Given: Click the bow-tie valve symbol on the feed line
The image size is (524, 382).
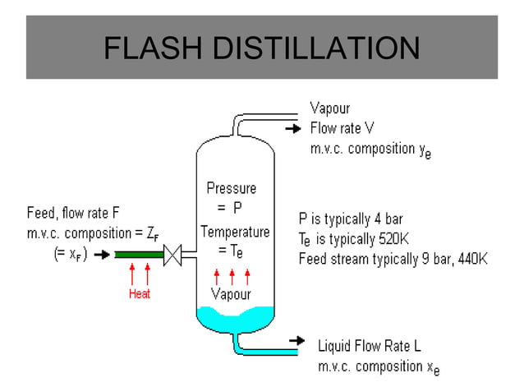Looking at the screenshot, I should [x=173, y=255].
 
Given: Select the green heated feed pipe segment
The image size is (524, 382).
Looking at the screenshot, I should [x=139, y=255].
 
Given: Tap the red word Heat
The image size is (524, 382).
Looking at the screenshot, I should [x=139, y=293].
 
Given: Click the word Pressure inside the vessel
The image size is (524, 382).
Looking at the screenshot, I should [x=232, y=188].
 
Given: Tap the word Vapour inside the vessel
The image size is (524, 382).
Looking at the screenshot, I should [x=232, y=293].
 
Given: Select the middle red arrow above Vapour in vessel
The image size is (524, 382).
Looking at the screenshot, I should [x=232, y=275].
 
